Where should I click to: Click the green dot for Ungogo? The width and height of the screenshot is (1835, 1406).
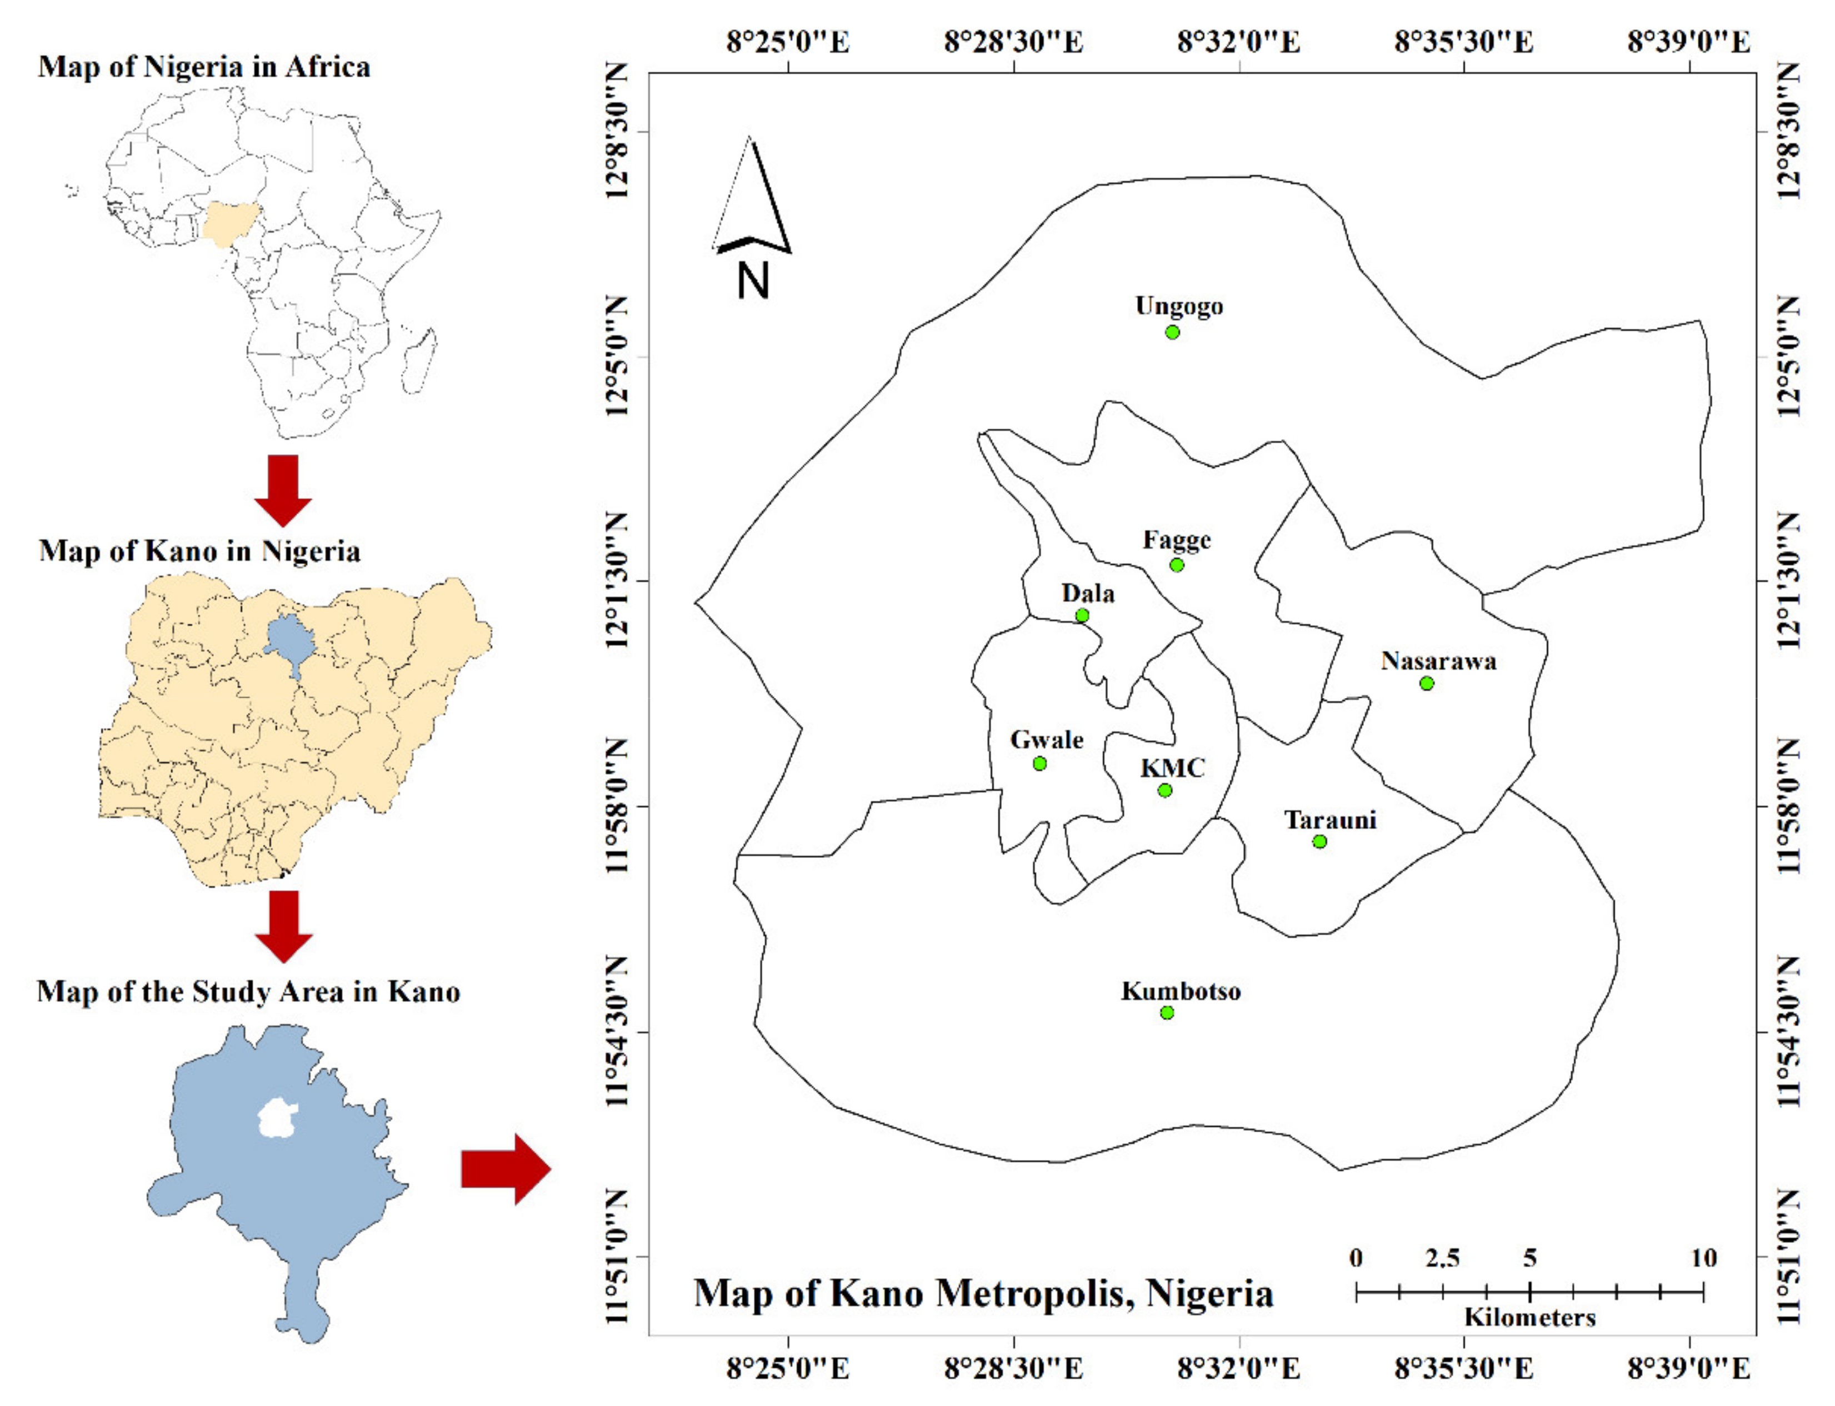coord(1172,332)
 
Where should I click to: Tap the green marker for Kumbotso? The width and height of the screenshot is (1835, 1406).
coord(1167,1013)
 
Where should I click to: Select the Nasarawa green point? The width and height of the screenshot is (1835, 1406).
coord(1427,684)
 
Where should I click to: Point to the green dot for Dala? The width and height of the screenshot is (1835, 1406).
coord(1082,616)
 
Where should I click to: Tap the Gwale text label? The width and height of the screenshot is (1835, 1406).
coord(1047,740)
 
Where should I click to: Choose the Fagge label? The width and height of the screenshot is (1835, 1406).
coord(1177,540)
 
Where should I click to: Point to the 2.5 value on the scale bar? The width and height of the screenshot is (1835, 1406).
coord(1442,1258)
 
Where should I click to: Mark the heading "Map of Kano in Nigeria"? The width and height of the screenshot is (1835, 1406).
coord(199,551)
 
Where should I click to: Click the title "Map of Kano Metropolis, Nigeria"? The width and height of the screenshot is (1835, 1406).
coord(984,1293)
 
